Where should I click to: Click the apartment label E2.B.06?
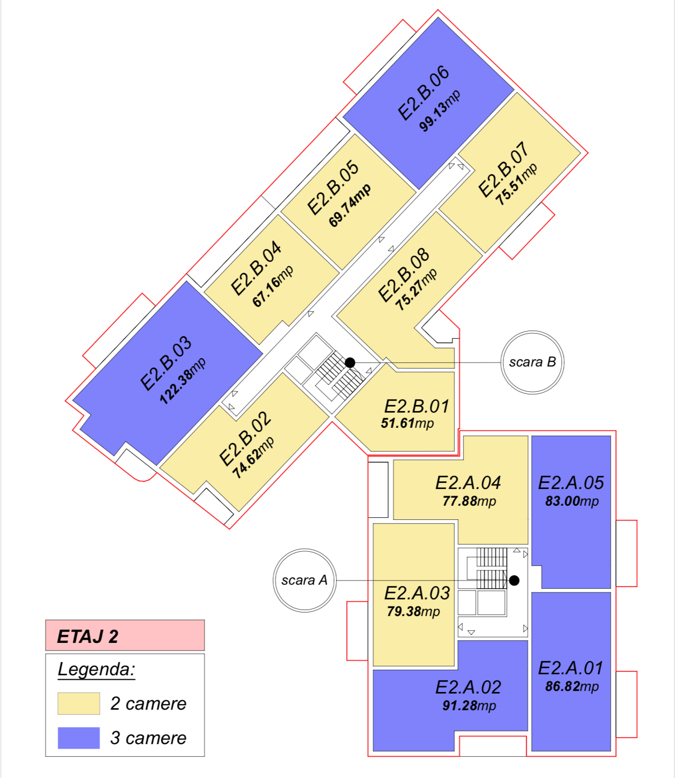point(424,93)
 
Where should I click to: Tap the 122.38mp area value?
point(183,381)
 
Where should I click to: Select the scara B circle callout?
point(532,362)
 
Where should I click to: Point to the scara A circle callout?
point(305,580)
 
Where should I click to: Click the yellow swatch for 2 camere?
point(78,704)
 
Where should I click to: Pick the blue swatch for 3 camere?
point(78,738)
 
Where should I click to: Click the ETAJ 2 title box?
point(125,636)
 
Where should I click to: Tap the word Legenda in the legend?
point(97,669)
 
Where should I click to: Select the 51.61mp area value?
point(407,423)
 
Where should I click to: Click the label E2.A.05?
point(571,483)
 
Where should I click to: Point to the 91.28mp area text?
point(469,706)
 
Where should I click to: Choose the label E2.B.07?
point(503,170)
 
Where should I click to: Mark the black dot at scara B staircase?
point(350,362)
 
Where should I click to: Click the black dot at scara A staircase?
point(514,581)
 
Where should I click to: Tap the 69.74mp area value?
point(350,206)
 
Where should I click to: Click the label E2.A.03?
point(417,593)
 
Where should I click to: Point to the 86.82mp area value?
point(572,687)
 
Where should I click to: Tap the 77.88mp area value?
point(469,502)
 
